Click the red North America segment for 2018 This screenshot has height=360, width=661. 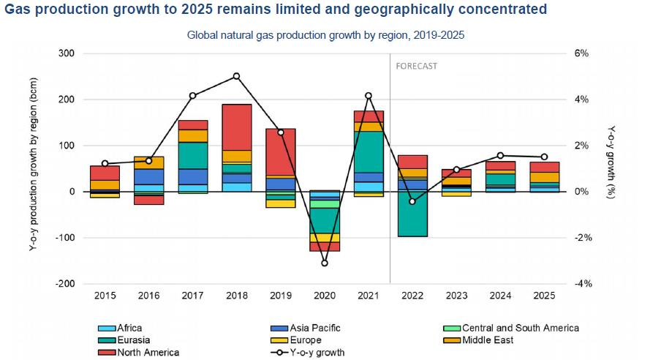point(236,127)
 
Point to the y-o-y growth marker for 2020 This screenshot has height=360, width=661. point(325,263)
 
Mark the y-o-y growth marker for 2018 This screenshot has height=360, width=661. point(236,76)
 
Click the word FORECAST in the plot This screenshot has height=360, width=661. point(416,66)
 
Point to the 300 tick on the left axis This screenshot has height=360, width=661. point(67,53)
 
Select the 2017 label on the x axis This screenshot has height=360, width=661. point(192,296)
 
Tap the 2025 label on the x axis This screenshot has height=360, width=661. point(544,296)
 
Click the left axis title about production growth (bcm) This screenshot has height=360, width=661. point(34,169)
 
